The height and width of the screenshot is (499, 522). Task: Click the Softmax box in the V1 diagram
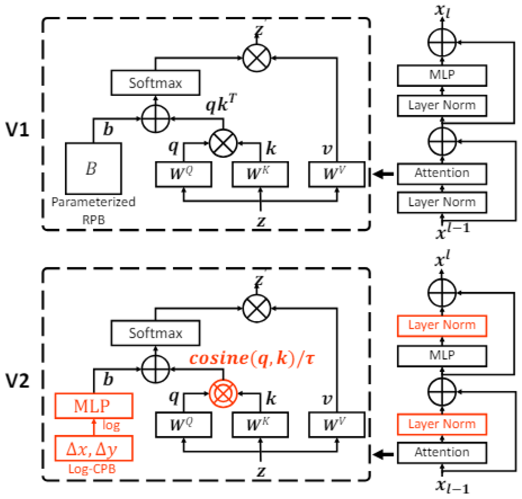(155, 83)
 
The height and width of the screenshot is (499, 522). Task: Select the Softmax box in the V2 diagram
(155, 333)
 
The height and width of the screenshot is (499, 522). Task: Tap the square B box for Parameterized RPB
(93, 168)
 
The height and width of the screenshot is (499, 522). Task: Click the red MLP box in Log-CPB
(94, 406)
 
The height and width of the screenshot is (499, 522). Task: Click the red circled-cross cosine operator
(223, 393)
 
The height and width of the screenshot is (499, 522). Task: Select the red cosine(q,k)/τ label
(251, 358)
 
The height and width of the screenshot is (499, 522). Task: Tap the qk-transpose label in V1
(221, 104)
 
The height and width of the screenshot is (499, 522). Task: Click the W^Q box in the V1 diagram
(183, 174)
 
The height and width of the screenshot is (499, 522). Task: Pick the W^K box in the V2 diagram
(260, 424)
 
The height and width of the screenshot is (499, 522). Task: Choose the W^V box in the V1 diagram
(336, 174)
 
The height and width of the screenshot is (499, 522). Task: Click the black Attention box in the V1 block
(442, 174)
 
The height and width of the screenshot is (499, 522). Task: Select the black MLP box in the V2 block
(442, 356)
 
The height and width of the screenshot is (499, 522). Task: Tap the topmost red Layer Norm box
(442, 326)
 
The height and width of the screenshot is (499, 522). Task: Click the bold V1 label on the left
(17, 130)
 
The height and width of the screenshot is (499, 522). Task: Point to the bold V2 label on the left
(17, 381)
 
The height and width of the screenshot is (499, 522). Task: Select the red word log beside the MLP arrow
(111, 425)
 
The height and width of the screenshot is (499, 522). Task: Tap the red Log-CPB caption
(92, 469)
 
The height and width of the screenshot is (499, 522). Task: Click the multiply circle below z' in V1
(256, 58)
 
